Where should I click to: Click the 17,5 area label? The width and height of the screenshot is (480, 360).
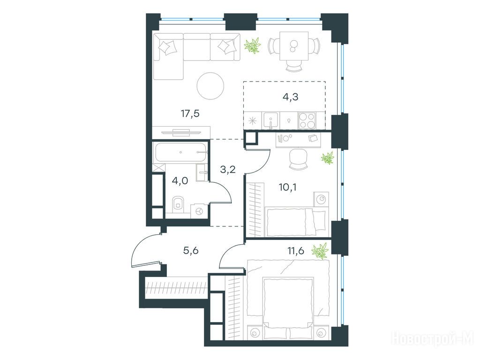190,114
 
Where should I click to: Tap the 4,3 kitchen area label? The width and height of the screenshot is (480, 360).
290,97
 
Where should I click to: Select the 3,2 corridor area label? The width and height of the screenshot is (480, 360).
228,169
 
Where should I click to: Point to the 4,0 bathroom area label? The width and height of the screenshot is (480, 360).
180,181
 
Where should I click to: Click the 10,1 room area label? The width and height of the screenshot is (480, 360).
287,187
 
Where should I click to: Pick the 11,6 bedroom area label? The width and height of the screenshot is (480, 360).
296,251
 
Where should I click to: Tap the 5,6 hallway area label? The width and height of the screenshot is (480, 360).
191,251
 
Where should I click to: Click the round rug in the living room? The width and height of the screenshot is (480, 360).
210,86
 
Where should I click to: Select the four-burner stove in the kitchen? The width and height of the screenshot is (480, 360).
307,120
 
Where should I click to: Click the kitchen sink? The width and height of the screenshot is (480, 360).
270,120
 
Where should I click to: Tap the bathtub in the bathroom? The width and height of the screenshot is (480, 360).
180,152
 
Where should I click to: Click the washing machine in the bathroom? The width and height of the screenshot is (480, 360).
199,211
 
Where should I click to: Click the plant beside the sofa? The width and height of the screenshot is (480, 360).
253,45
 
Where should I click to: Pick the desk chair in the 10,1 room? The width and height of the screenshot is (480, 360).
298,159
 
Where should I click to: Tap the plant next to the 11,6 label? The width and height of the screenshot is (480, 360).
320,251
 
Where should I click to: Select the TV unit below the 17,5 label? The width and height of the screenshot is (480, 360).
181,132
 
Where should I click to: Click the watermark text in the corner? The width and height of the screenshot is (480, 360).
433,338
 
